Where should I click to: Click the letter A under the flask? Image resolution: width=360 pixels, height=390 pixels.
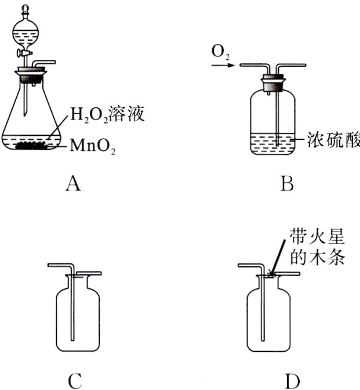pyautogui.click(x=72, y=184)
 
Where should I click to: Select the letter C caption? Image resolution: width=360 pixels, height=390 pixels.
pyautogui.click(x=75, y=381)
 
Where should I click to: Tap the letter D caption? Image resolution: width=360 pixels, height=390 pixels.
pyautogui.click(x=293, y=381)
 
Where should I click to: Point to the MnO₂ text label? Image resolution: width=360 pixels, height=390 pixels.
pyautogui.click(x=93, y=145)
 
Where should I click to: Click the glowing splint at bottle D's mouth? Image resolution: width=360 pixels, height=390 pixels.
pyautogui.click(x=272, y=274)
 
